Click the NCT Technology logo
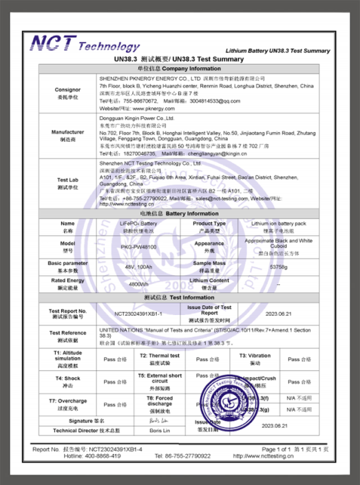pos(84,45)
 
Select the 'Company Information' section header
pos(181,70)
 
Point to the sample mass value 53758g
pos(278,266)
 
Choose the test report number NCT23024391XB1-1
pos(141,314)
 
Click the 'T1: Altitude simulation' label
pos(67,358)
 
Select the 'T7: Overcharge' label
pos(67,401)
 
